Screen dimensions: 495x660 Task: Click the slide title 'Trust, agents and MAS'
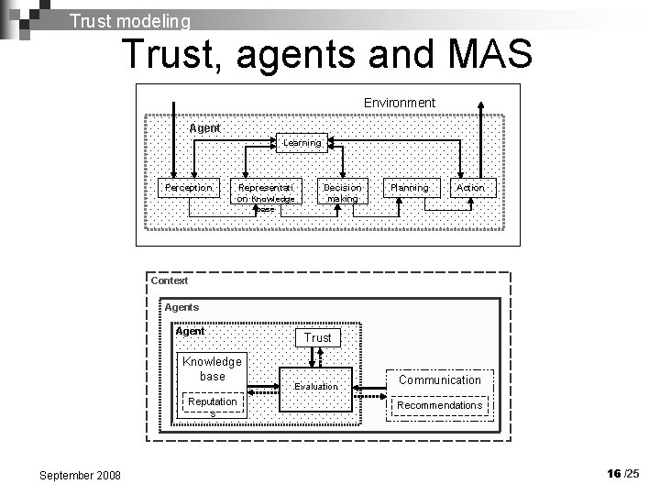click(326, 55)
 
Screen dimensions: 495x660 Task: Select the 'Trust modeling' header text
click(130, 19)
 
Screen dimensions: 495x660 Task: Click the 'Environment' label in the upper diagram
click(399, 102)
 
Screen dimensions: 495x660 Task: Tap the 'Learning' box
click(302, 142)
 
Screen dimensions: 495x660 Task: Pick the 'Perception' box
click(188, 187)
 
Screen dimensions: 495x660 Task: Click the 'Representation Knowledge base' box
click(265, 196)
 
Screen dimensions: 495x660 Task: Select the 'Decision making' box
click(343, 192)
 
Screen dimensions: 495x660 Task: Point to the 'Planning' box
click(409, 187)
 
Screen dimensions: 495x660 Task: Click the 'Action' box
click(470, 187)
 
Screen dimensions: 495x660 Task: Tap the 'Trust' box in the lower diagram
click(318, 337)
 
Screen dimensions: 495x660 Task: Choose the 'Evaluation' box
click(316, 387)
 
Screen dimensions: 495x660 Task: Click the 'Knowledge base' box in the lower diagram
click(212, 368)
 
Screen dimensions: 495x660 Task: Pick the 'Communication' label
click(439, 379)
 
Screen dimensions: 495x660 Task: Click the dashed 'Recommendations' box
click(439, 405)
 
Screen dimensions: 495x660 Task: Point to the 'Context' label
click(170, 280)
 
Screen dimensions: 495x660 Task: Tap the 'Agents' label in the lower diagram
click(181, 307)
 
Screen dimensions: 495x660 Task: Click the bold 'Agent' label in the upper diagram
click(204, 128)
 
